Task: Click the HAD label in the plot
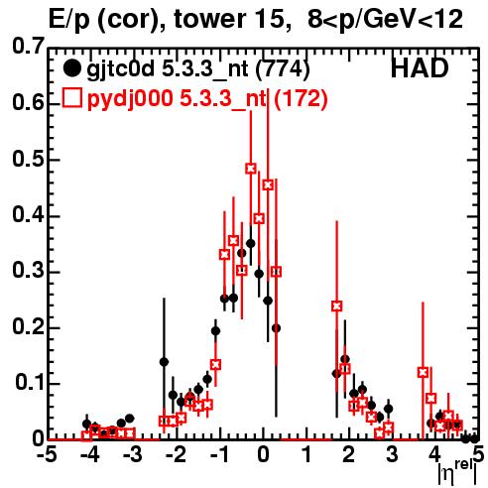[420, 68]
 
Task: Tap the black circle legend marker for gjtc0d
[71, 68]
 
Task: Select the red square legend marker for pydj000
[71, 98]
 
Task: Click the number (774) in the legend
[283, 69]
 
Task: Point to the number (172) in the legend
[301, 98]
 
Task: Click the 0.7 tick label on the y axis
[28, 46]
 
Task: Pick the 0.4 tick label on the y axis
[28, 214]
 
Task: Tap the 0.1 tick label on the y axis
[30, 382]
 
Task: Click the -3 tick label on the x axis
[132, 455]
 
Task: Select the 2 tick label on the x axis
[349, 455]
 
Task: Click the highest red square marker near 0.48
[251, 169]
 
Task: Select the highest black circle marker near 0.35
[251, 244]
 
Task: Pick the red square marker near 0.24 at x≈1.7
[337, 306]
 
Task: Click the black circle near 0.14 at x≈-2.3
[164, 362]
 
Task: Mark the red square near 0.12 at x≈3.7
[423, 373]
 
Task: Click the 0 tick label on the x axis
[263, 455]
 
